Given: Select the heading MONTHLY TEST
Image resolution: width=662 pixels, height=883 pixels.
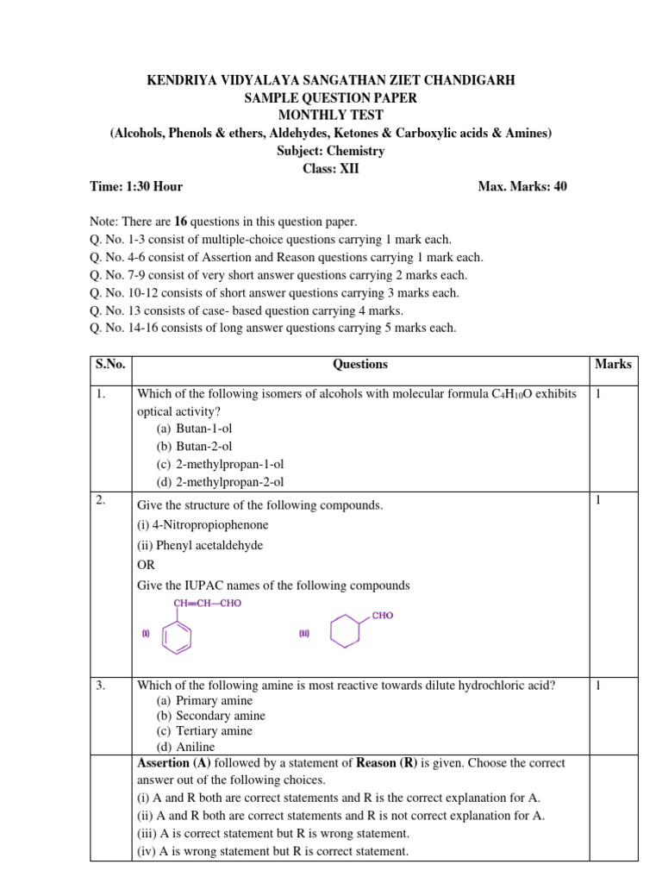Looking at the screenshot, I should pos(331,116).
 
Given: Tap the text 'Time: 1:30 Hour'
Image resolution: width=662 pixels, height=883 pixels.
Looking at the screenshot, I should pos(136,186).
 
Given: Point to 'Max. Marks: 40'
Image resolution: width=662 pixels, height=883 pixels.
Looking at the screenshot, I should pos(521,186).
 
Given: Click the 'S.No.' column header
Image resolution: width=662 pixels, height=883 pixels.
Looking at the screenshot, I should pos(109,365).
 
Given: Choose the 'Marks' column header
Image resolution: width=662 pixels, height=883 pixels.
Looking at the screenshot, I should pos(613,365).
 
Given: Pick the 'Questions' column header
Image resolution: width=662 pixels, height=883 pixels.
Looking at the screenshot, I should pos(359,365).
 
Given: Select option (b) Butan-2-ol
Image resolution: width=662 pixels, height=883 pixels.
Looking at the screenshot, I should pos(194,447).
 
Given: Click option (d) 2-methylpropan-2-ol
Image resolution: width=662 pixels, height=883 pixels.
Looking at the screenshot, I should pos(220,482).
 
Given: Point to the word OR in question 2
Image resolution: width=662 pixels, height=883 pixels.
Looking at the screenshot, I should pos(147,566).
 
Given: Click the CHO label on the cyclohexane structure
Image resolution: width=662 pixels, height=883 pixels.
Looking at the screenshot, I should pos(383,616).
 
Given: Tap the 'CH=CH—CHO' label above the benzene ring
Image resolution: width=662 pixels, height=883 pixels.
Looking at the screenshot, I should pos(208,604).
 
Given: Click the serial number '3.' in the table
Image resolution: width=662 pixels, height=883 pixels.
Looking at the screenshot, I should pos(101,686).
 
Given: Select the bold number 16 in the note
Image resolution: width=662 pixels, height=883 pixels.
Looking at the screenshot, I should pos(183,222).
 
